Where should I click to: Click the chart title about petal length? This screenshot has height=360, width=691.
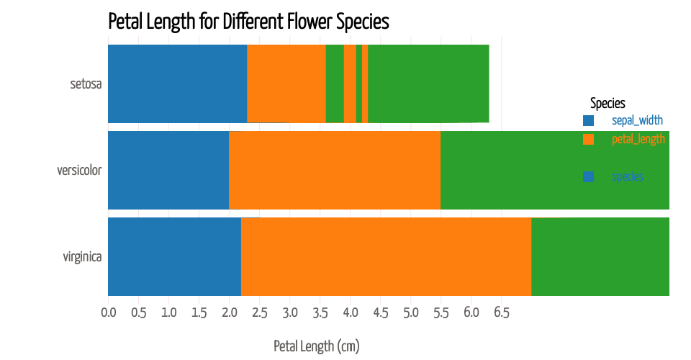tap(248, 22)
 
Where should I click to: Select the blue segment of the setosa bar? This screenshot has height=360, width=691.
tap(177, 84)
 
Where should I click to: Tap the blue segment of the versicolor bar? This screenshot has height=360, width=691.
tap(168, 170)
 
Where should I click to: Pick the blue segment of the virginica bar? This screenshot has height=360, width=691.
tap(174, 256)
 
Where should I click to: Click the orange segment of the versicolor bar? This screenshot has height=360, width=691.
tap(334, 170)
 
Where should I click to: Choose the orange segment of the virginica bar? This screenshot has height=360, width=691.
tap(386, 256)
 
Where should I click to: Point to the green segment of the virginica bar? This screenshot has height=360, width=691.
tap(600, 256)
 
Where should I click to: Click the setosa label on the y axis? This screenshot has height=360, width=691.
tap(86, 84)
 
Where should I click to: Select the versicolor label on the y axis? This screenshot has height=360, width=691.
tap(79, 171)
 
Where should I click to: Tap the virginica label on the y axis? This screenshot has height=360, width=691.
tap(82, 257)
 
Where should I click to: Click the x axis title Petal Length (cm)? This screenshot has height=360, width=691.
tap(316, 346)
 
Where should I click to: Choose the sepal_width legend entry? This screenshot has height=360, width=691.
tap(637, 120)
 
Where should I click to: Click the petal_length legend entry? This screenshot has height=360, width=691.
tap(638, 139)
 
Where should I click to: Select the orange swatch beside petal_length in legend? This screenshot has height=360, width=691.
tap(588, 139)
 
